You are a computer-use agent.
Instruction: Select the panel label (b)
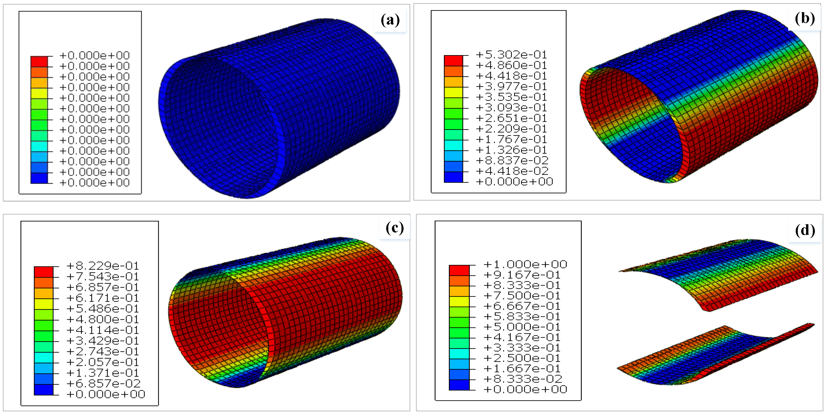coord(805,19)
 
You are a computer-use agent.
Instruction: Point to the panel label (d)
coord(805,230)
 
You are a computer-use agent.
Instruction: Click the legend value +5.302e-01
coord(511,55)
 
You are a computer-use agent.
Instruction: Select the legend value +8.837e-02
coord(512,160)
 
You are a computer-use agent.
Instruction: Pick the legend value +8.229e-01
coord(103,266)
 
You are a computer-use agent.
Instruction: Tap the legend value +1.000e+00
coord(525,264)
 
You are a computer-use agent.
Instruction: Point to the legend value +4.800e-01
coord(103,319)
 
